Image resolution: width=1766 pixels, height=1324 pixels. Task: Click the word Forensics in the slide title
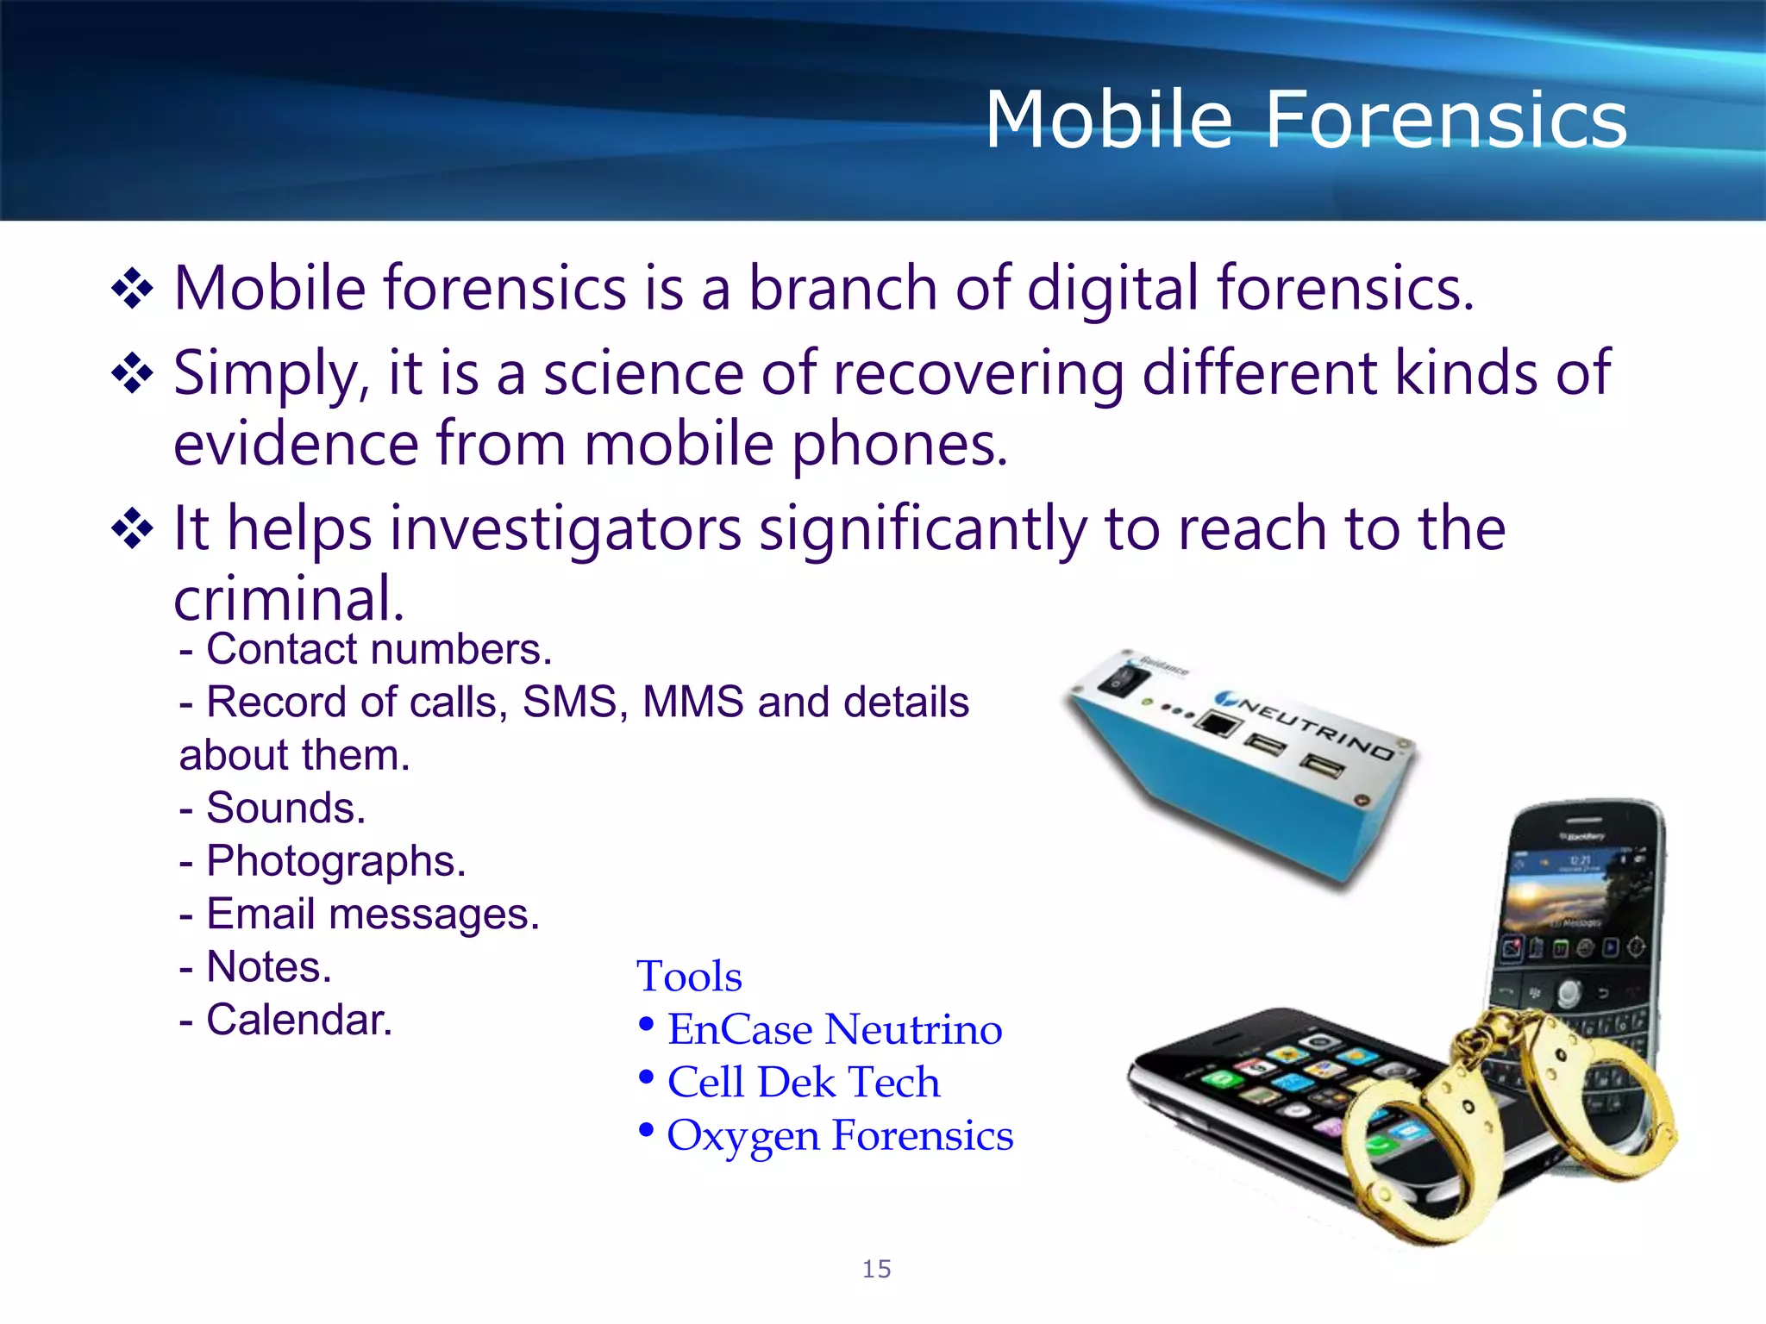(1445, 121)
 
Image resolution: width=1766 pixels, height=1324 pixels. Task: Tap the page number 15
(876, 1269)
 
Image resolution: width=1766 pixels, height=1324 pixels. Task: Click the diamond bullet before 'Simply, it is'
(132, 373)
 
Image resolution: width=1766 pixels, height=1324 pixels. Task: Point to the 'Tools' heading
(689, 977)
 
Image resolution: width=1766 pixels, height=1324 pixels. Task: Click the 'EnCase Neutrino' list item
(834, 1029)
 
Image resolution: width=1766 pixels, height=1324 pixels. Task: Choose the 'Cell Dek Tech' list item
(803, 1083)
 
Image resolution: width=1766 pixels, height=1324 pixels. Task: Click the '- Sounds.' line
(273, 809)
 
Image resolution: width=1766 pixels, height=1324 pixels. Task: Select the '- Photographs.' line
(323, 861)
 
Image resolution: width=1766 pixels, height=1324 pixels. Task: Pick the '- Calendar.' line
(286, 1020)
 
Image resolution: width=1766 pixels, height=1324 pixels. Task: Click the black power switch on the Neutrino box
(1123, 682)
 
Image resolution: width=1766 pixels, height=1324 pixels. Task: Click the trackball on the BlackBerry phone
(1569, 993)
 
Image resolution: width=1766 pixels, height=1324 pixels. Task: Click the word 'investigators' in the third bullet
(566, 528)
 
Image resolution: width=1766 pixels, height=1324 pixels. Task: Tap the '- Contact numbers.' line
(366, 650)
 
